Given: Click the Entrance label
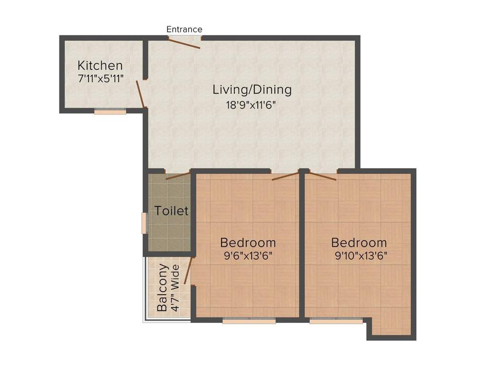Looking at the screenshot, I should pos(184,29).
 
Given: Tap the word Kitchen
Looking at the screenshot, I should pos(100,66).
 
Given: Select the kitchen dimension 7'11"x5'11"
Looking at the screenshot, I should pos(101,79).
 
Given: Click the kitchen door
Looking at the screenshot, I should pos(140,94).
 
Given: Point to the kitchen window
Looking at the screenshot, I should pos(110,112).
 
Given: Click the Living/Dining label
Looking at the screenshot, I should pos(252,89).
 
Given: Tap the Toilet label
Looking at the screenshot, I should pos(172,211).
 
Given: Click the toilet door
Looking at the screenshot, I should pos(178,175).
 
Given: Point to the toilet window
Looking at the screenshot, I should pos(144,223).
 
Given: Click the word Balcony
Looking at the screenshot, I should pos(163,287).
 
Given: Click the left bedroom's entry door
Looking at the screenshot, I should pos(285,177).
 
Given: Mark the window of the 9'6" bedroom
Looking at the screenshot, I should pos(249,321).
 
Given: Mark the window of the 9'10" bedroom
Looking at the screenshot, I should pos(336,321).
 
